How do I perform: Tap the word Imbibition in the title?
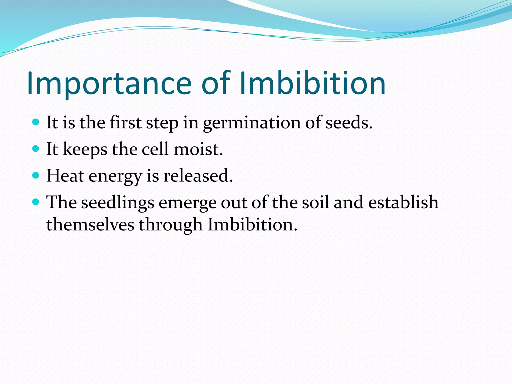point(312,83)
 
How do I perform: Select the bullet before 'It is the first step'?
point(36,122)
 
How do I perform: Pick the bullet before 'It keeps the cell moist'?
point(36,149)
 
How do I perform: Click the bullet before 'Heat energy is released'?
point(36,175)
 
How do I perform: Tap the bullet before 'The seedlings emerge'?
point(36,202)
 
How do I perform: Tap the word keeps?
point(85,149)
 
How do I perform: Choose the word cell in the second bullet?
point(155,149)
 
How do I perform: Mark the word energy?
point(115,176)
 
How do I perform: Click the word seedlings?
point(118,202)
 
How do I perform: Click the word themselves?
point(90,224)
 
